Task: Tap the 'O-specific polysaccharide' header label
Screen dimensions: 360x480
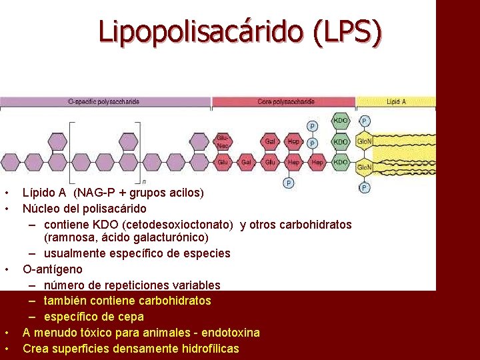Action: pos(104,102)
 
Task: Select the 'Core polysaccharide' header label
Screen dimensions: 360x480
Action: pos(287,102)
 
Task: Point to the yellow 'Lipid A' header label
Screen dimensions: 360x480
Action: pos(396,102)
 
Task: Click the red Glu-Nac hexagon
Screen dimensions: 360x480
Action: pos(223,141)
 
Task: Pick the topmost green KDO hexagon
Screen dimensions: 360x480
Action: pos(341,122)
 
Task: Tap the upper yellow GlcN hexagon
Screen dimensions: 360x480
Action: pos(364,142)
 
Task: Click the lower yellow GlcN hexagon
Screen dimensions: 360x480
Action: pos(364,167)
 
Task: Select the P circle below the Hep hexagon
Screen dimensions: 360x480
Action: pos(289,182)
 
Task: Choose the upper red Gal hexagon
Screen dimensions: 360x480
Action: pos(271,141)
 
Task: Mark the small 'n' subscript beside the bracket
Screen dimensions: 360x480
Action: pos(144,181)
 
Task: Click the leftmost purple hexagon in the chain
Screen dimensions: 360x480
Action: pos(10,162)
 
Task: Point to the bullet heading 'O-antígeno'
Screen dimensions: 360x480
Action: pos(53,269)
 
